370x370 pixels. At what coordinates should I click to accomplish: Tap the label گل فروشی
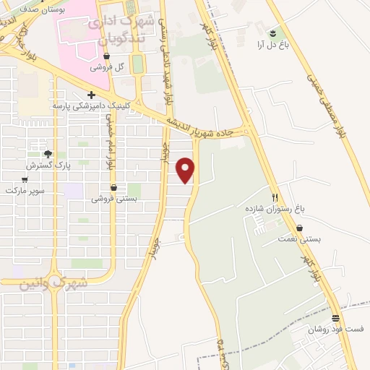[x=107, y=66]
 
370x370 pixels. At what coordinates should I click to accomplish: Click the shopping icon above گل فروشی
[x=107, y=56]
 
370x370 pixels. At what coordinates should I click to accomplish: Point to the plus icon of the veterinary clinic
[x=91, y=95]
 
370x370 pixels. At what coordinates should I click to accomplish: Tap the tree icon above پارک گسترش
[x=48, y=154]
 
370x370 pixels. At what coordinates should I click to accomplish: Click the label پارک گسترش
[x=47, y=165]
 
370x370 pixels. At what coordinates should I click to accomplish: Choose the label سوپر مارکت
[x=25, y=190]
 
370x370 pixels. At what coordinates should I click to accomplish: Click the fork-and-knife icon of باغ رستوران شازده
[x=275, y=197]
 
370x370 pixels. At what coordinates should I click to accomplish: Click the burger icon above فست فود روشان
[x=335, y=318]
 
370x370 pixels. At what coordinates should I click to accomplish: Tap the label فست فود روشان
[x=331, y=330]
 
